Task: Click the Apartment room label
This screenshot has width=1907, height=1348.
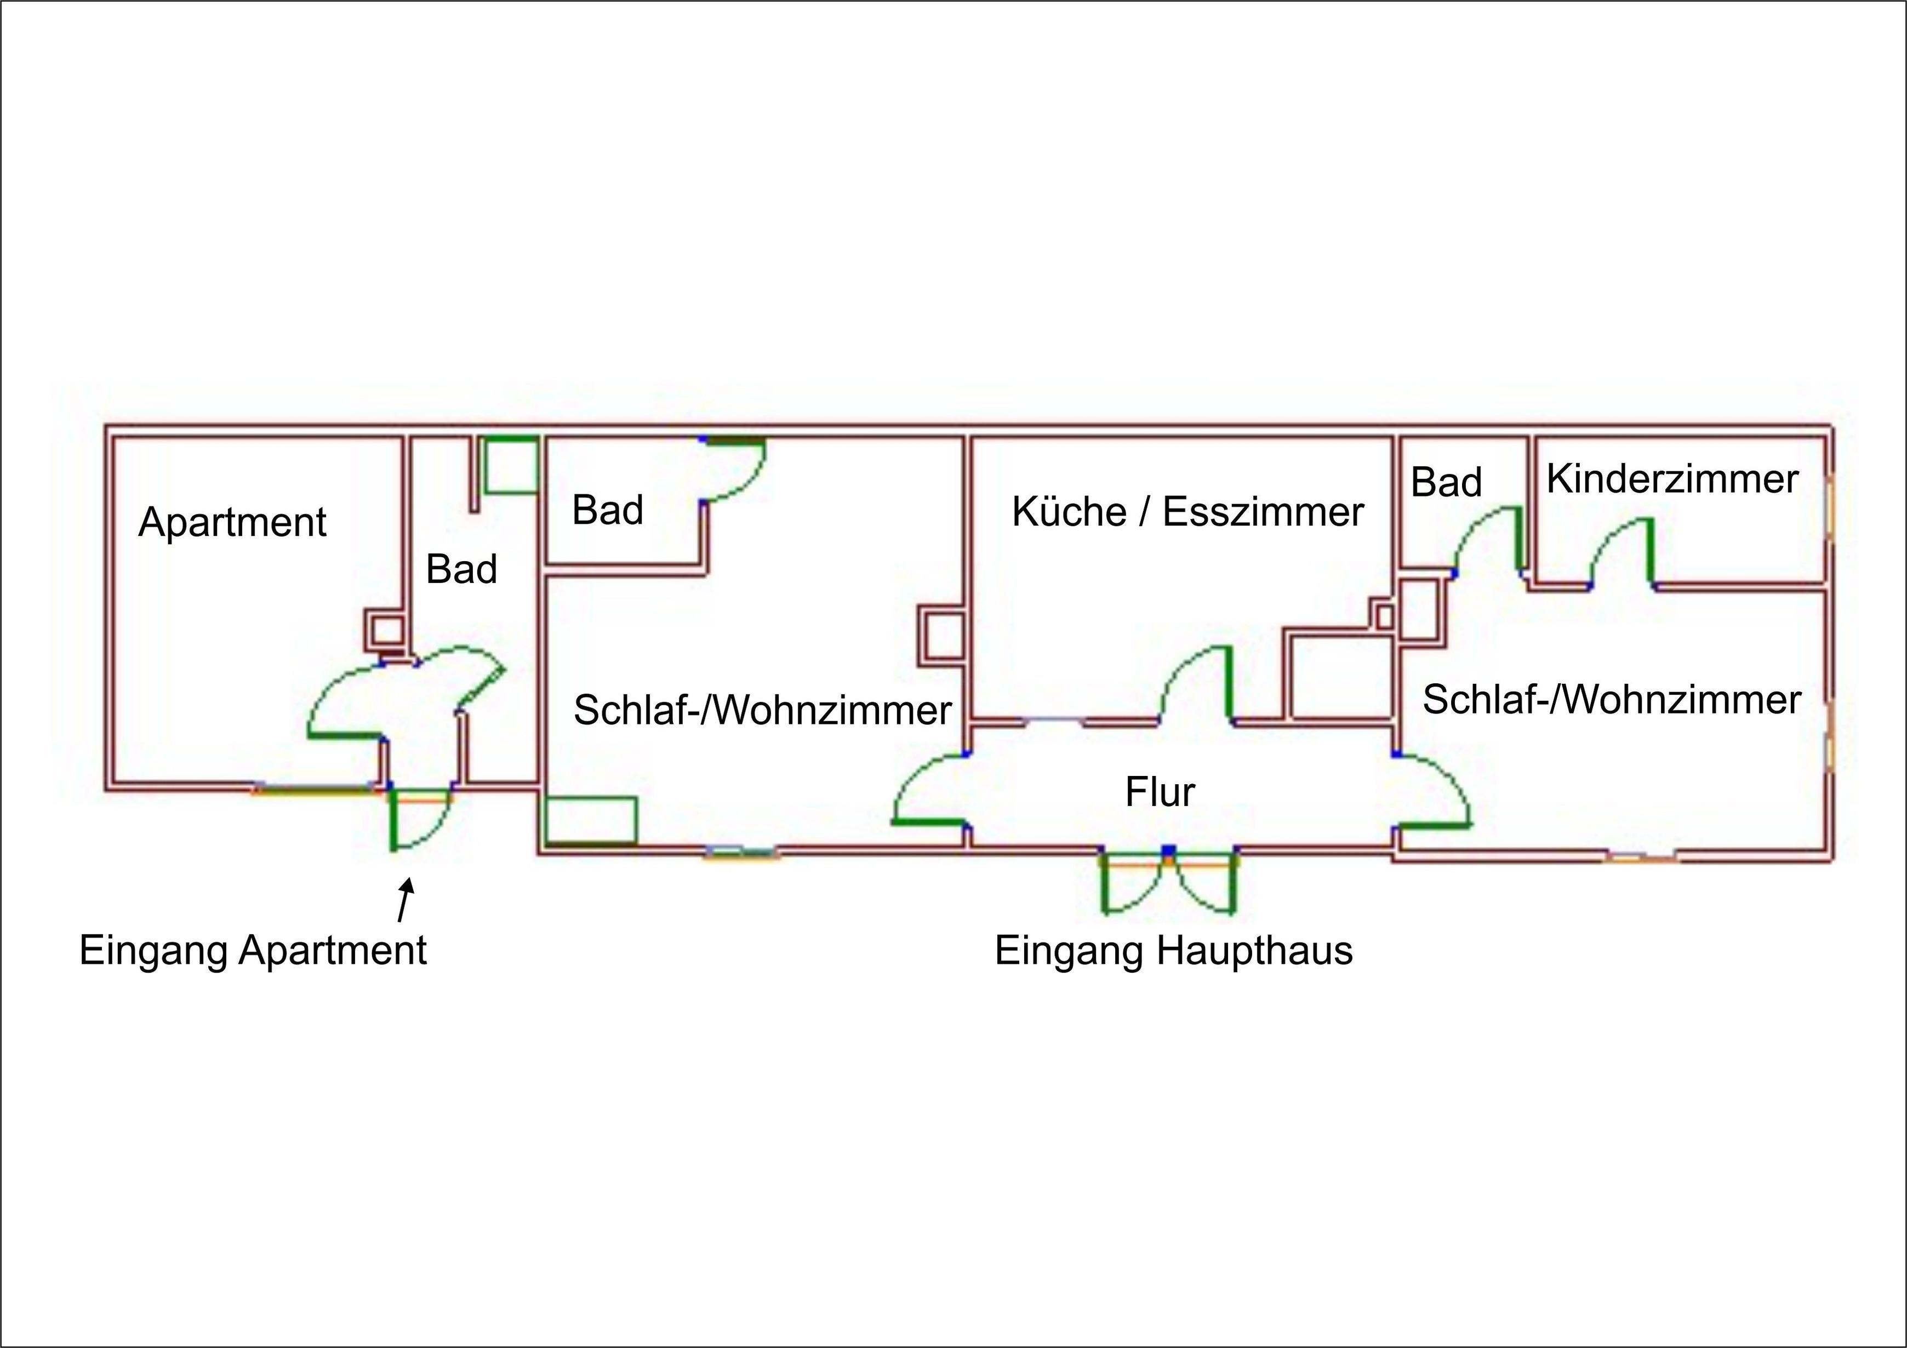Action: tap(232, 522)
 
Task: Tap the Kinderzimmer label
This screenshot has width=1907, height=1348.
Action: tap(1672, 479)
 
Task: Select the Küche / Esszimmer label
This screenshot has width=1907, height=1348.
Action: tap(1187, 512)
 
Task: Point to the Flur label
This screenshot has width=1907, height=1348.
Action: tap(1160, 791)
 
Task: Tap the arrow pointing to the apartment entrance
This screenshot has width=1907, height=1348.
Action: tap(404, 901)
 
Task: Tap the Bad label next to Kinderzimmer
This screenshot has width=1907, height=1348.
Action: tap(1446, 483)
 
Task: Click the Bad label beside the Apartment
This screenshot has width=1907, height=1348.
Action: tap(462, 570)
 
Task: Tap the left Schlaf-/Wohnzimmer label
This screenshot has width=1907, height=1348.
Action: tap(762, 710)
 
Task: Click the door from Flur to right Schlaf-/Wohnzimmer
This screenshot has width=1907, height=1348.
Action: tap(1434, 790)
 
